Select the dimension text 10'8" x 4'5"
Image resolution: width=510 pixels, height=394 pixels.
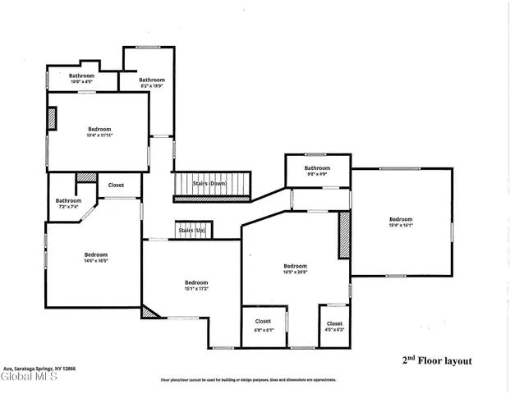(81, 81)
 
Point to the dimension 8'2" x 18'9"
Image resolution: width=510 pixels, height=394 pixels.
(152, 85)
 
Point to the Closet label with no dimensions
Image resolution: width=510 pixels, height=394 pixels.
(117, 185)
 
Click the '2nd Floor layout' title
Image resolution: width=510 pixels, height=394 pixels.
(436, 360)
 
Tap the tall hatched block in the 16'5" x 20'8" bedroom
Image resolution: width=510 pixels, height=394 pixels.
(344, 236)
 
